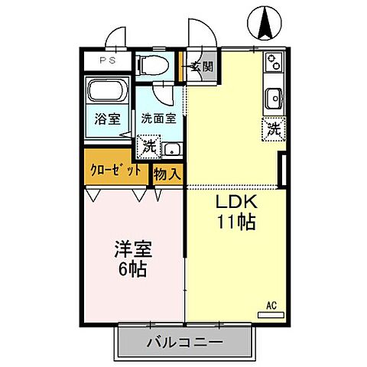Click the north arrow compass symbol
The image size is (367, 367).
coord(265,23)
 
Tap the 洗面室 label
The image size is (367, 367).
coord(158,119)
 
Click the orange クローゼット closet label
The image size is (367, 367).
coord(116,171)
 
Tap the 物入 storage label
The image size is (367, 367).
coord(167,173)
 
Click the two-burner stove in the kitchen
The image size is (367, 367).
coord(274,63)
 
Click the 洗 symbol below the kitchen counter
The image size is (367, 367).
coord(273,129)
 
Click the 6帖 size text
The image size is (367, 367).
coord(132,269)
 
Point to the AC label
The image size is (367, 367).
coord(271,306)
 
